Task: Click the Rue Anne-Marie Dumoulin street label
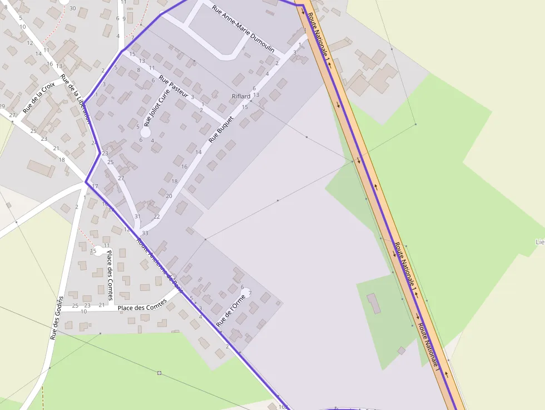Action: tap(244, 29)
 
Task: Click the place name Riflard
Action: tap(241, 97)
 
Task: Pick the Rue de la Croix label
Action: tap(39, 97)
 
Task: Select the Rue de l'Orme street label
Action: tap(230, 310)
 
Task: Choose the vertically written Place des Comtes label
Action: tap(110, 276)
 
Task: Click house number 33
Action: tap(145, 233)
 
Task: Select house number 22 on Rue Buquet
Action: tap(157, 216)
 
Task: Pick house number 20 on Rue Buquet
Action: tap(169, 196)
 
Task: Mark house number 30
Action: tap(73, 8)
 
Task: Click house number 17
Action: tap(95, 186)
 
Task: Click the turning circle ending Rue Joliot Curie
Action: tap(145, 133)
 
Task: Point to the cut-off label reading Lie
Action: tap(539, 242)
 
